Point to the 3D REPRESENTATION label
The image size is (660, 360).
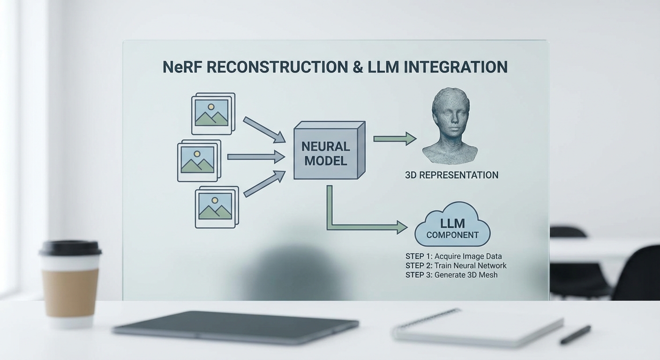coord(451,175)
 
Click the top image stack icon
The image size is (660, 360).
coord(213,113)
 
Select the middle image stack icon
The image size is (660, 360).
coord(199,160)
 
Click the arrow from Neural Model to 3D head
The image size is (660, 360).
coord(394,138)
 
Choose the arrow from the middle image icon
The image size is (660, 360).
coord(255,157)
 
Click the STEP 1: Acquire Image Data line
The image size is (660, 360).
coord(453,256)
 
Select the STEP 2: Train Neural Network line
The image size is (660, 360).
coord(456,266)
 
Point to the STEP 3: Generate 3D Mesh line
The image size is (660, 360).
coord(451,275)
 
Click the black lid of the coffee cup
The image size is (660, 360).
coord(70,247)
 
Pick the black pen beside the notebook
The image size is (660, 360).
coord(575,335)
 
